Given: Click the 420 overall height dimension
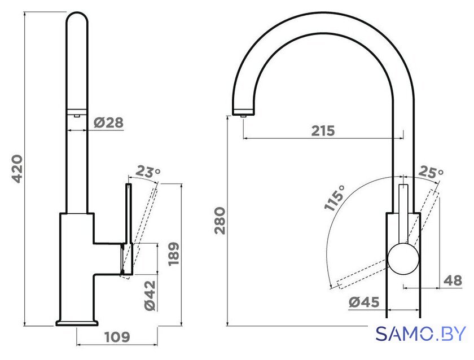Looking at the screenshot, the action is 17,169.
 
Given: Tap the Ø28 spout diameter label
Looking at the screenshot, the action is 108,122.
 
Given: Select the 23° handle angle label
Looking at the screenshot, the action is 148,172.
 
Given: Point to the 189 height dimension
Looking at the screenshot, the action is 174,253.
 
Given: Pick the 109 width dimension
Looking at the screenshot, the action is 117,337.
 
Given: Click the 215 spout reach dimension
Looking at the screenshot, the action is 323,130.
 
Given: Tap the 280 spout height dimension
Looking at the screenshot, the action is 220,221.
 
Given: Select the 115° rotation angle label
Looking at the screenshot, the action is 334,197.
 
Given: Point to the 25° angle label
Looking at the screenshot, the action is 431,172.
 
